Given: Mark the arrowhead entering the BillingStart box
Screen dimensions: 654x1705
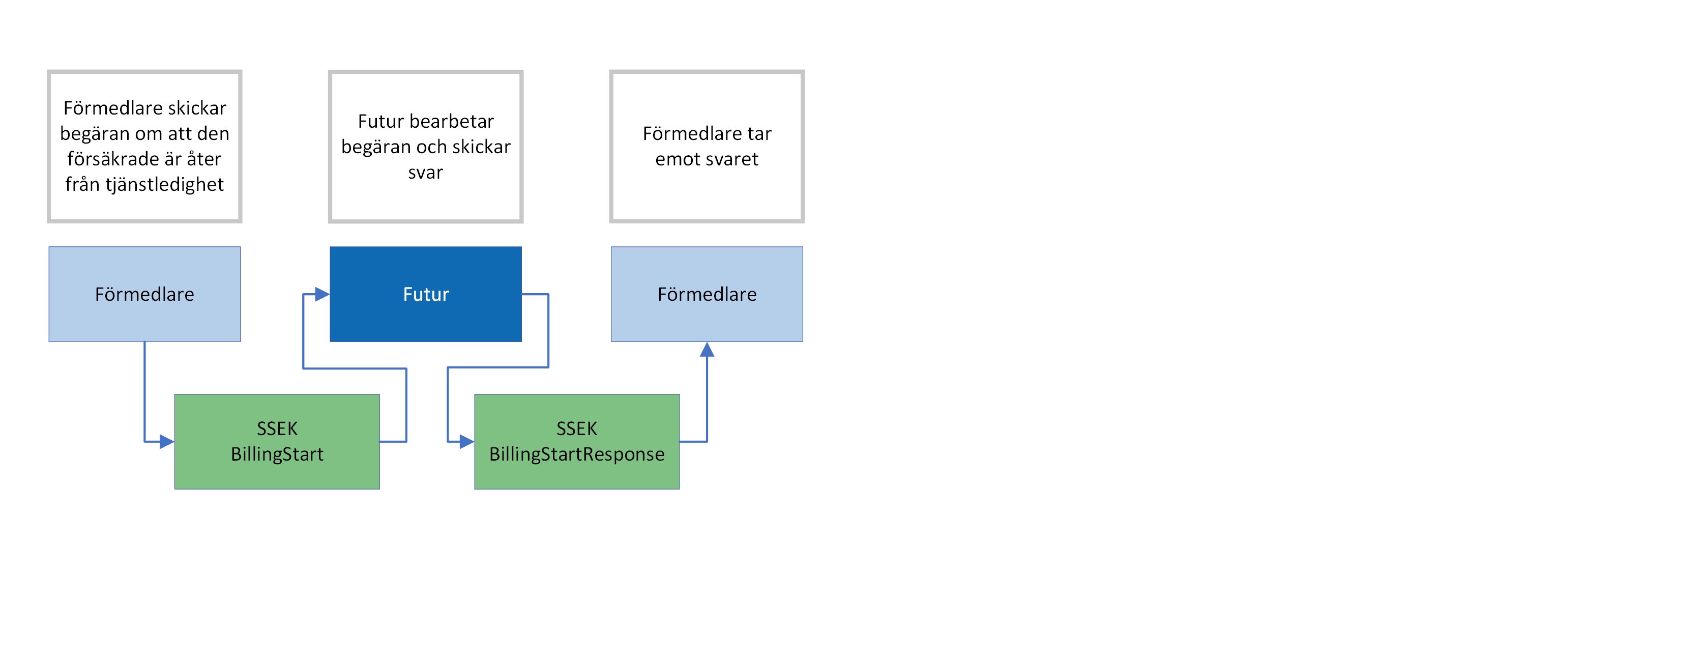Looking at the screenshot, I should (167, 442).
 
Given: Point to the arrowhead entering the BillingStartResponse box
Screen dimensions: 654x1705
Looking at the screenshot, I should (466, 442).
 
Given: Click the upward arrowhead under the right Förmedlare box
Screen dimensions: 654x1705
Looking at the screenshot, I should (707, 350).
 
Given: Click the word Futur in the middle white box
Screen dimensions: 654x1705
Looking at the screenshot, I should (380, 121).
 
